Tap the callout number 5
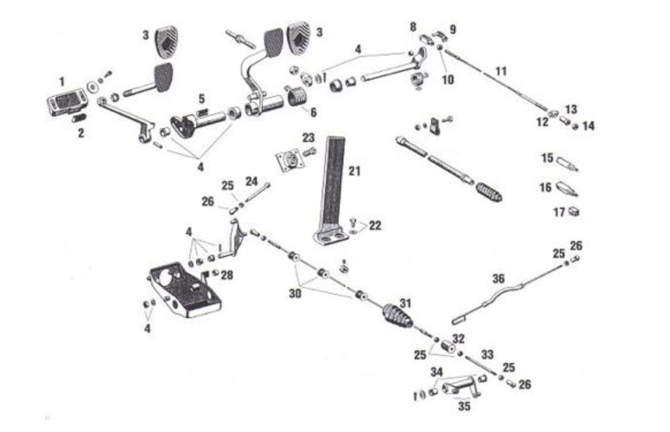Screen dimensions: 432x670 (201, 98)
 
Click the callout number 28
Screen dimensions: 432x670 (226, 275)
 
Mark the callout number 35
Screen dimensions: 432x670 (464, 406)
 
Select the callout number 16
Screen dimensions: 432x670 (546, 187)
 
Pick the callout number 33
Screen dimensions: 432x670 (487, 354)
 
